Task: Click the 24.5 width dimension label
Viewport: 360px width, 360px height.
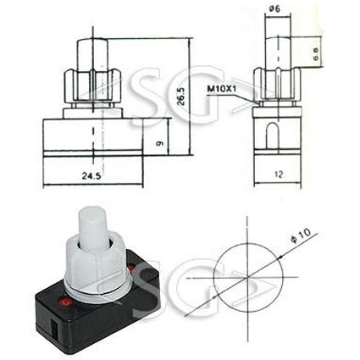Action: tap(91, 176)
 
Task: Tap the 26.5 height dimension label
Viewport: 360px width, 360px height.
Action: tap(181, 97)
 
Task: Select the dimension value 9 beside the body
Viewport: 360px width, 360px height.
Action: tap(159, 143)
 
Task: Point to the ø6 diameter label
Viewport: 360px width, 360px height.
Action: tap(274, 9)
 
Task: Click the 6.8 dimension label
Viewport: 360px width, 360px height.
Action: tap(315, 53)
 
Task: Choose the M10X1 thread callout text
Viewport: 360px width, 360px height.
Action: tap(222, 89)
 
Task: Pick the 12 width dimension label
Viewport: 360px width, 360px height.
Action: tap(279, 174)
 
